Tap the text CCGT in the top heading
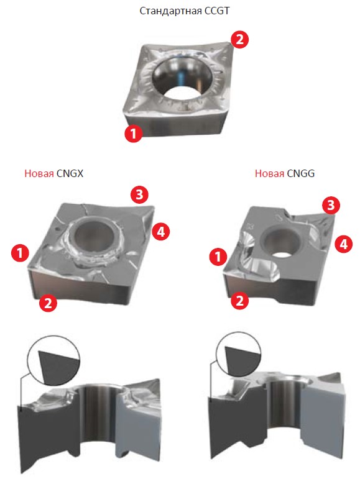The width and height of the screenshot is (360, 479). (216, 11)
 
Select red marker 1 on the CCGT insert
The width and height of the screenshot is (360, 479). (134, 133)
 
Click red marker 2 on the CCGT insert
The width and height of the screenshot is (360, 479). (239, 39)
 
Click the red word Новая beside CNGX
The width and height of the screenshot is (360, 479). (39, 173)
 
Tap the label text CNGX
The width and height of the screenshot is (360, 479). (70, 173)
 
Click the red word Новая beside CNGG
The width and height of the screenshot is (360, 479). (269, 173)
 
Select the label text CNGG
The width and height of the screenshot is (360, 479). (300, 173)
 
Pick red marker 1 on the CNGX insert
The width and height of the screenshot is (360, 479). (20, 253)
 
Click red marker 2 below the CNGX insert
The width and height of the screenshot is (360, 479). (48, 303)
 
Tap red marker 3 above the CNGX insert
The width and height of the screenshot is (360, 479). (139, 194)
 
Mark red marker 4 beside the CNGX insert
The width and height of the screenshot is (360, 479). (160, 231)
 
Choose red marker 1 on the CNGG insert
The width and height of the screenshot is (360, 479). (218, 257)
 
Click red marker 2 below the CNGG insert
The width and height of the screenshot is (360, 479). (239, 300)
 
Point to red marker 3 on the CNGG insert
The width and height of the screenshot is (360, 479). (331, 205)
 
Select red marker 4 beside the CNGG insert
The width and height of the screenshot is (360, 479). (343, 244)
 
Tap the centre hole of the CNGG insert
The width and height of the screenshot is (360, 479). (280, 242)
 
